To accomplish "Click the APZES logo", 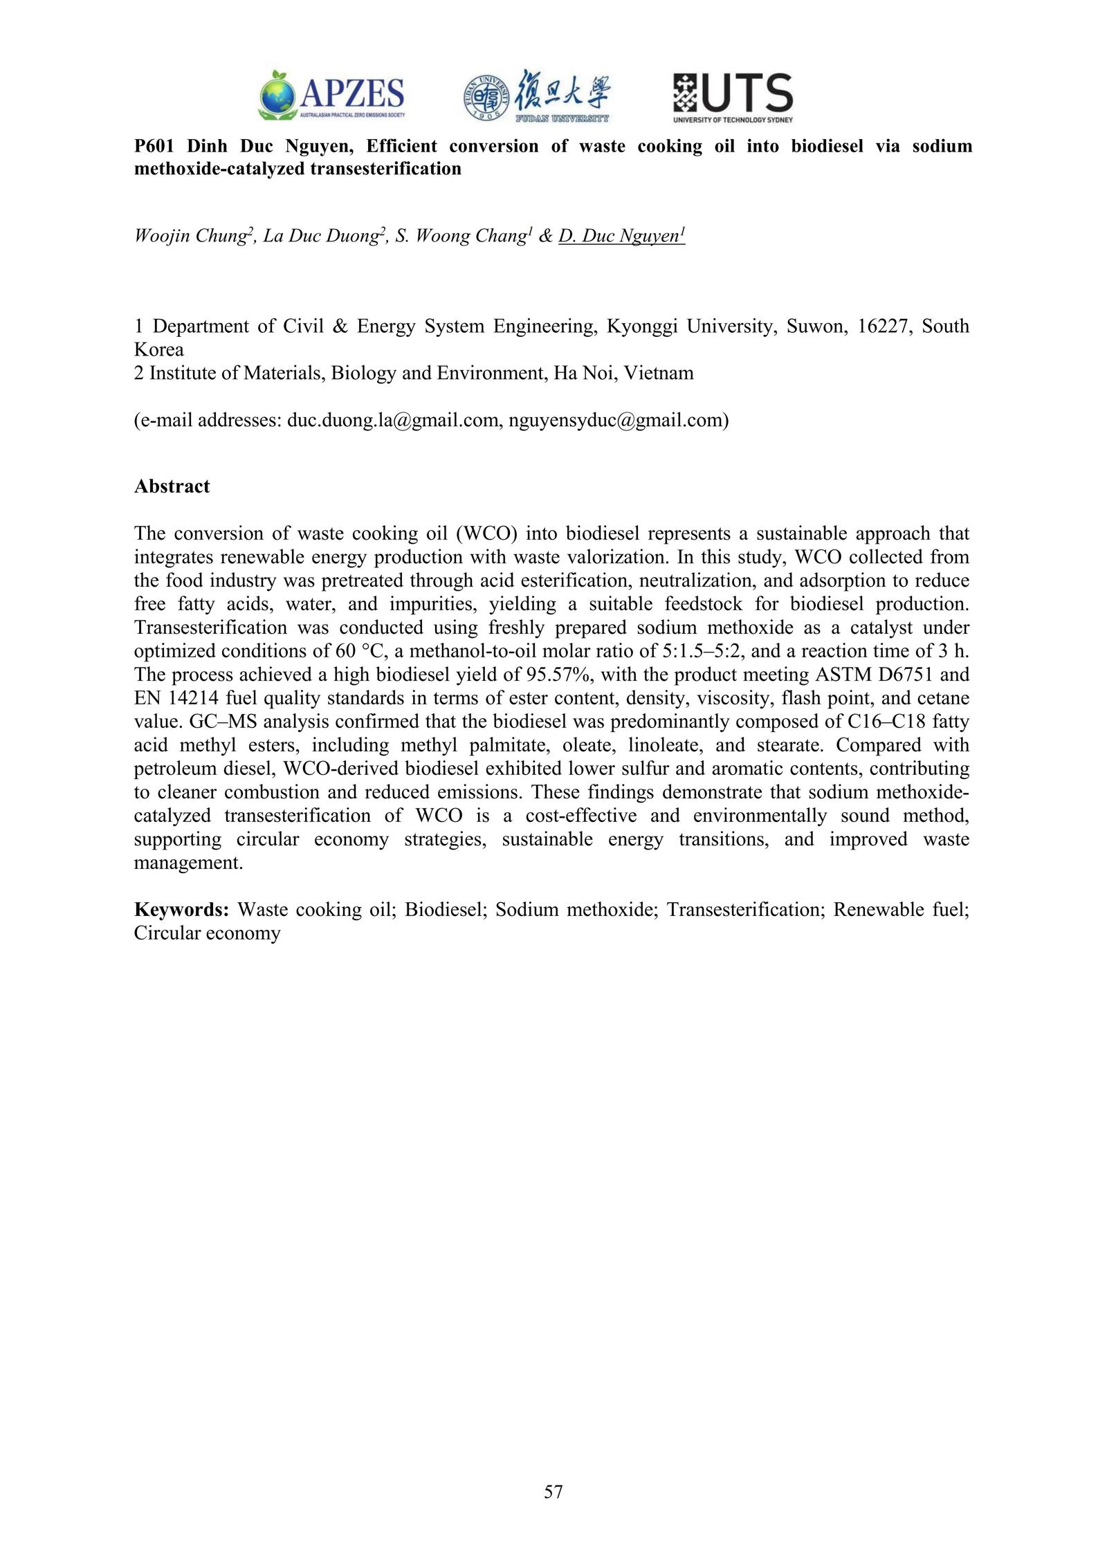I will tap(331, 96).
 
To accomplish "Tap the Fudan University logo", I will tap(537, 96).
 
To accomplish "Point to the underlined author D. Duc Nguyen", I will tap(621, 236).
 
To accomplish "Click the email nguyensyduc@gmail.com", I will tap(616, 420).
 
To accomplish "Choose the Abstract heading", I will tap(172, 486).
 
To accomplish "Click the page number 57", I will tap(553, 1492).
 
